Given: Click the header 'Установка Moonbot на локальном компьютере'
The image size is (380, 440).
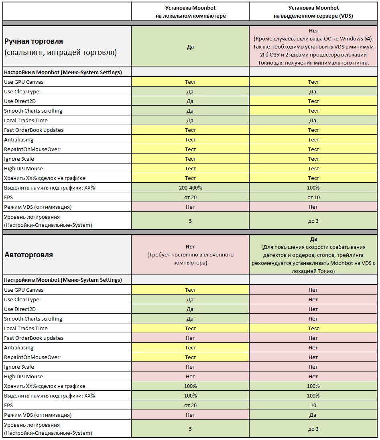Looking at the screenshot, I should click(x=190, y=12).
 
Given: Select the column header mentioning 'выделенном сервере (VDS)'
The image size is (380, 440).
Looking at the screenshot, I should click(x=313, y=12).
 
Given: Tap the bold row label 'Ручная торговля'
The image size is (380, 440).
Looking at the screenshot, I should click(x=34, y=41).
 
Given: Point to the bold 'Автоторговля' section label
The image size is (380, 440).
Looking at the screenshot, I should click(x=28, y=254).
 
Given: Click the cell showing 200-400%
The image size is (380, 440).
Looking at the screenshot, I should click(x=190, y=188).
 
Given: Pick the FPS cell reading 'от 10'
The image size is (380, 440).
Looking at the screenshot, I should click(x=313, y=197).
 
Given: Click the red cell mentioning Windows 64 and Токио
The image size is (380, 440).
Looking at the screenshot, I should click(x=313, y=46).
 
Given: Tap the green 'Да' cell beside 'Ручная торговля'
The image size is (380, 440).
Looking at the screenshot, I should click(x=190, y=46).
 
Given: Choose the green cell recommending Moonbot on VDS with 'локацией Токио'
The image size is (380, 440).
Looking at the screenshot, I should click(x=313, y=255).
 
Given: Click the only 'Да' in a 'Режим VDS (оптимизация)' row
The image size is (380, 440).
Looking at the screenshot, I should click(x=313, y=415).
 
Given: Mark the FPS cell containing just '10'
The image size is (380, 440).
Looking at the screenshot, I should click(x=313, y=405).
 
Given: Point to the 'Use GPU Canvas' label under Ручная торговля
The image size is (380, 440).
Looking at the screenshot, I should click(x=24, y=82).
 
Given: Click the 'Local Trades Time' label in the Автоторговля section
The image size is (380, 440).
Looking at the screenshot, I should click(x=26, y=328).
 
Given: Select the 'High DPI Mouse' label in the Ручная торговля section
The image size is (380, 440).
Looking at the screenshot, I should click(x=23, y=168).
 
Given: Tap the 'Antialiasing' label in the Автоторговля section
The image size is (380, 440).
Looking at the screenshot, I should click(x=19, y=347).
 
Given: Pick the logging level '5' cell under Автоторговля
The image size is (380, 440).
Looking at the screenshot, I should click(x=190, y=429).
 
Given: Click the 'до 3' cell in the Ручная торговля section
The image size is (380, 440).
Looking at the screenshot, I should click(x=313, y=221).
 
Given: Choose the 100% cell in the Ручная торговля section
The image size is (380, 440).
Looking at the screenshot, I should click(x=313, y=188).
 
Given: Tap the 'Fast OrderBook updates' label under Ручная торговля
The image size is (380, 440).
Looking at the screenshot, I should click(x=34, y=130).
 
